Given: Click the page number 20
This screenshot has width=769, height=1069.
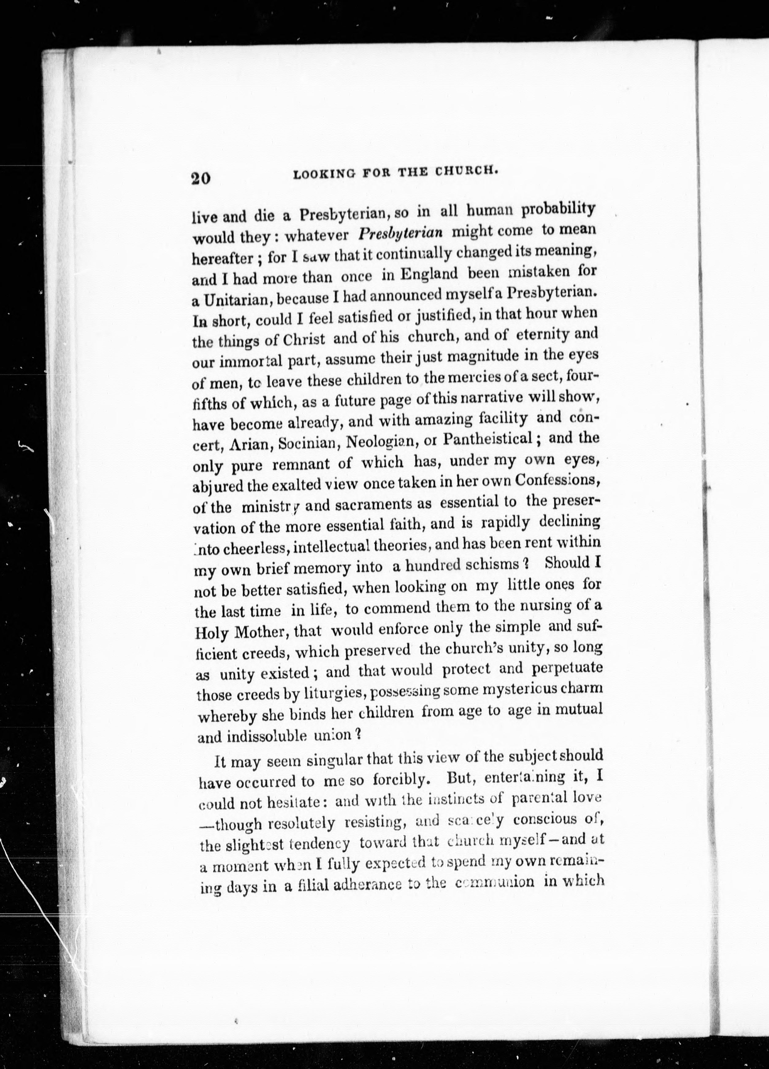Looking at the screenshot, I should click(x=201, y=180).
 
